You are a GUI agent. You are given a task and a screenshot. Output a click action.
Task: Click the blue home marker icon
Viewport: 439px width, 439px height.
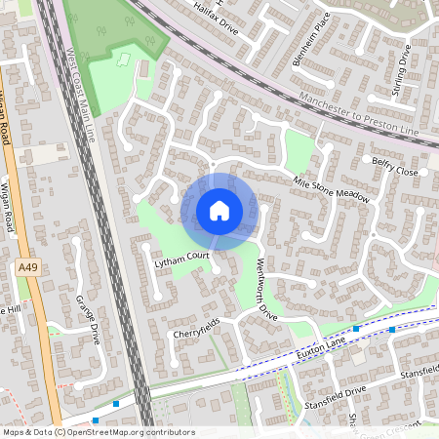(x=219, y=210)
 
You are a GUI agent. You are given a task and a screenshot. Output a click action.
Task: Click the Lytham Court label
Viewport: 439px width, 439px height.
(x=182, y=257)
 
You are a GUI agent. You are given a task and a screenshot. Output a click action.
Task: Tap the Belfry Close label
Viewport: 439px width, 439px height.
(x=394, y=166)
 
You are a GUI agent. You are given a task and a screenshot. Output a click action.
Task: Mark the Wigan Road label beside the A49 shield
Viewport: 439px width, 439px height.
(x=9, y=207)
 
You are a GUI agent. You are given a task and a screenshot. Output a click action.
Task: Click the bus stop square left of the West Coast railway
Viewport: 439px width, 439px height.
(x=116, y=403)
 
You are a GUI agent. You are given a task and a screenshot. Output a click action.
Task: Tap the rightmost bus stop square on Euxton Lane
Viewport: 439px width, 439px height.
(x=392, y=329)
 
